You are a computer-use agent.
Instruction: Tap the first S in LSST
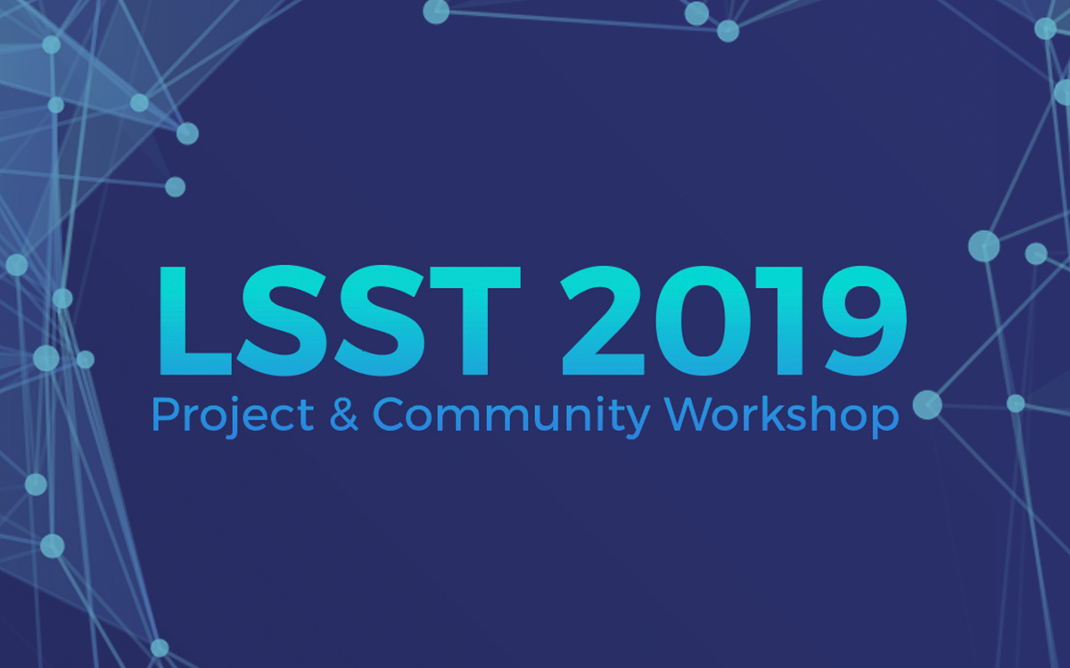click(282, 321)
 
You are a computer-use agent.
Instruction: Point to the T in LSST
click(474, 321)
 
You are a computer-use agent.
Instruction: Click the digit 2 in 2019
click(603, 321)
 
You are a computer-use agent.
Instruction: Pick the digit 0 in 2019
click(704, 321)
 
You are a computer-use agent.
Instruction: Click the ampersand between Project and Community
click(343, 415)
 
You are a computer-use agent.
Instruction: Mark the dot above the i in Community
click(597, 400)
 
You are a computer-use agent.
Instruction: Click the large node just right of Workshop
click(927, 405)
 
